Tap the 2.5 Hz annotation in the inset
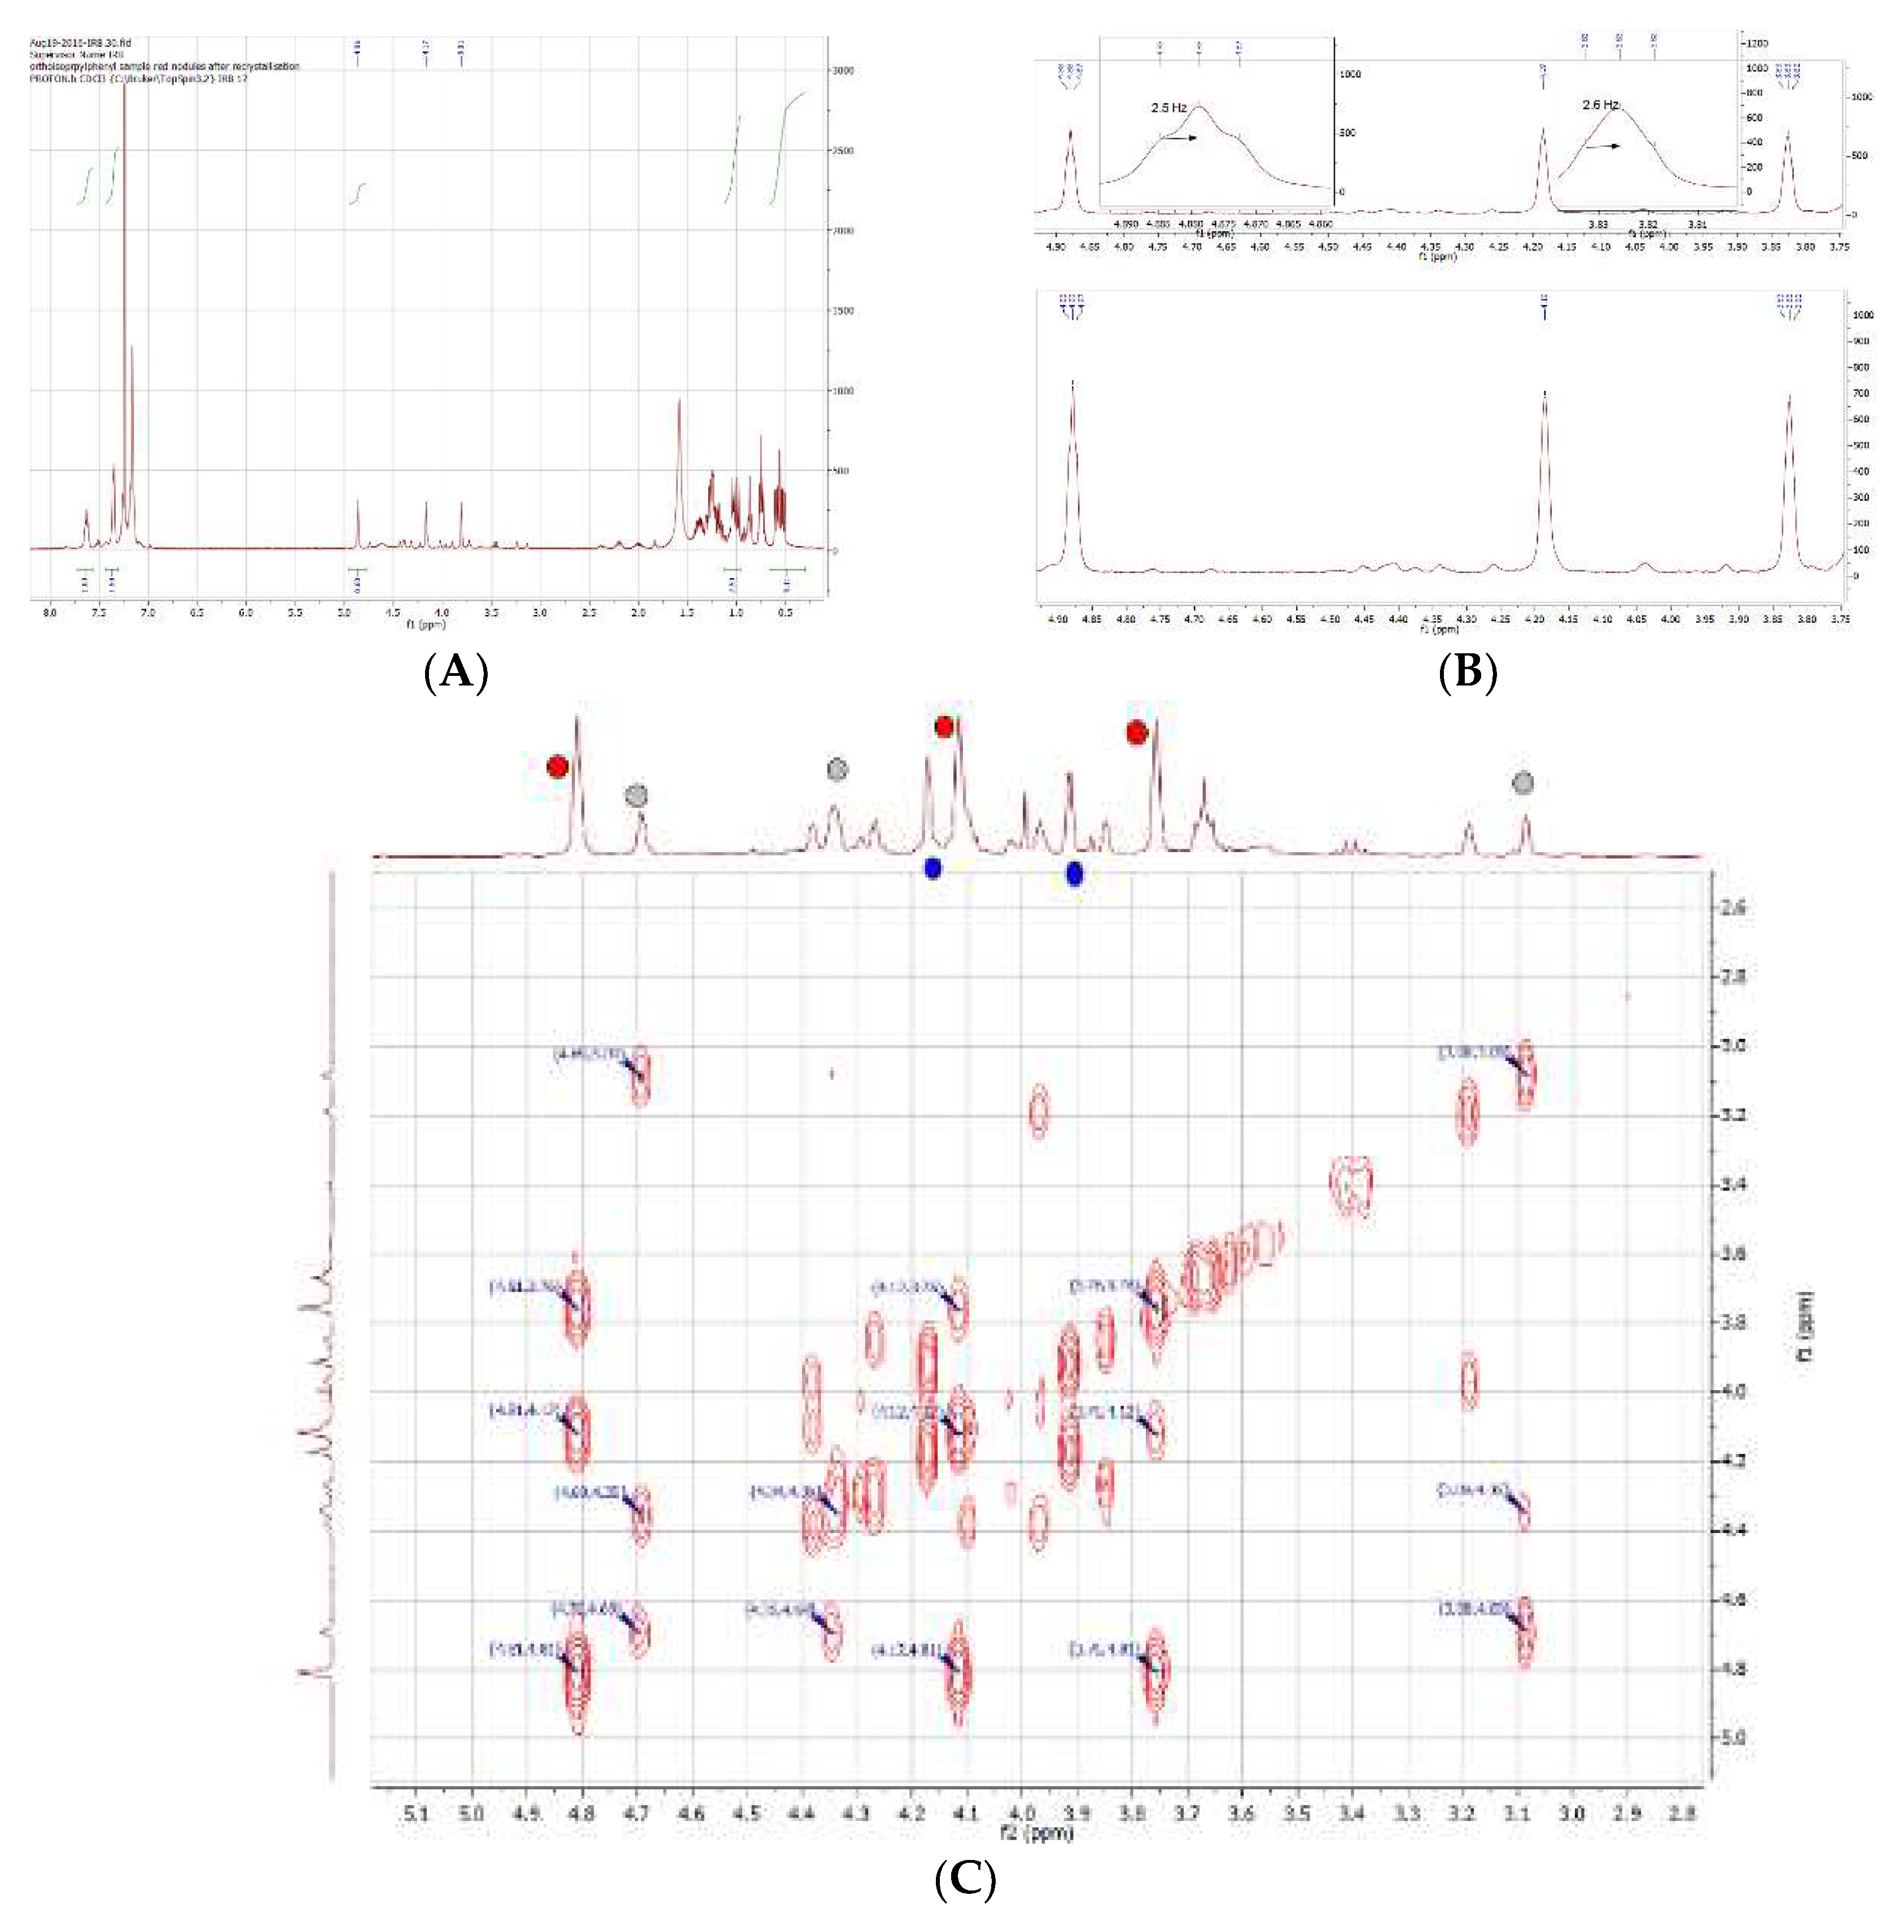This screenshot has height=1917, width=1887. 1170,108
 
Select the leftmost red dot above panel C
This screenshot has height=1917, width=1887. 558,766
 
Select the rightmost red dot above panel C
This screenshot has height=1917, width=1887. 1137,732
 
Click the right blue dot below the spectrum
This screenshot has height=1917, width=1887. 1074,874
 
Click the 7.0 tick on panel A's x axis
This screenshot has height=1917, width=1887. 148,613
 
